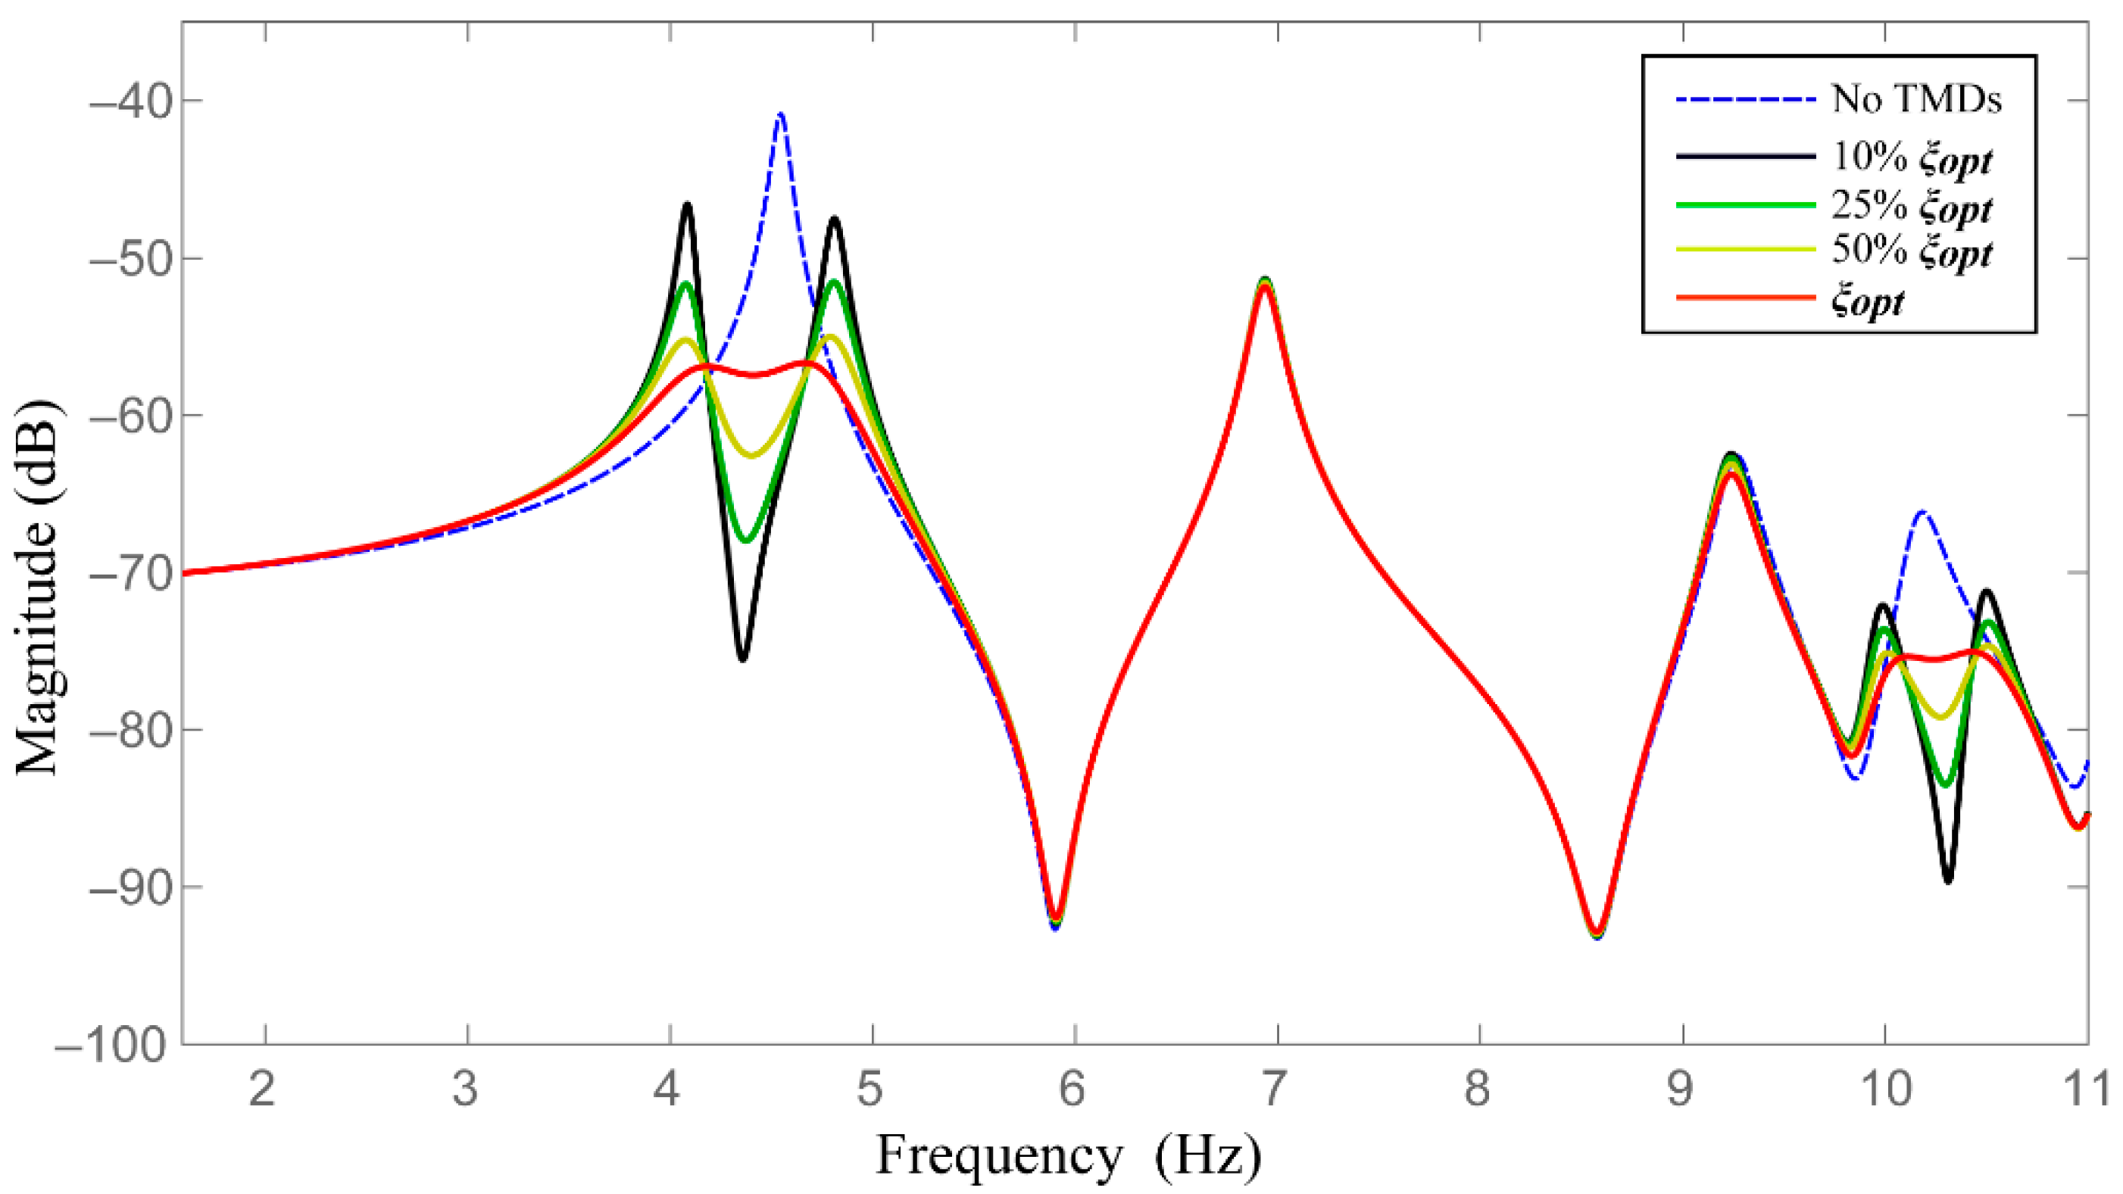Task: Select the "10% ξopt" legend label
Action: coord(1910,157)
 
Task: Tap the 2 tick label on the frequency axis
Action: coord(263,1090)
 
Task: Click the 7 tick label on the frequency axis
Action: coord(1274,1090)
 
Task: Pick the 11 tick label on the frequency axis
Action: coord(2087,1090)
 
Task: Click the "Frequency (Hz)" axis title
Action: coord(1068,1155)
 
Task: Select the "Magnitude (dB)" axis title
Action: coord(38,587)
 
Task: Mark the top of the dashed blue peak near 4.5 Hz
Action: coord(779,114)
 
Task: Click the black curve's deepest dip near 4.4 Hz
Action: coord(742,659)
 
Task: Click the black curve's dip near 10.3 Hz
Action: coord(1948,881)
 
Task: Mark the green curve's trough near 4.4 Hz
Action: coord(746,541)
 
